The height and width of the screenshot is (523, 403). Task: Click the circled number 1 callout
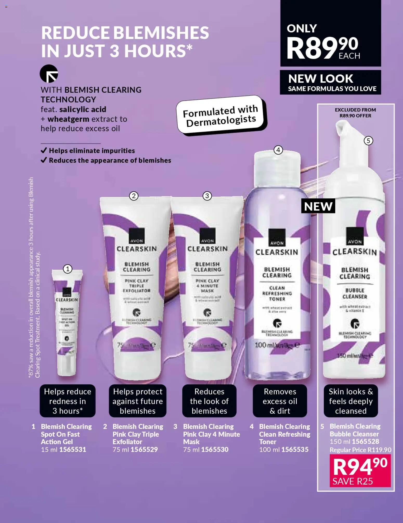click(68, 269)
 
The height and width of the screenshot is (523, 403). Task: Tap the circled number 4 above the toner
click(278, 150)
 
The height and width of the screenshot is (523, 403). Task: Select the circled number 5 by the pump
click(368, 141)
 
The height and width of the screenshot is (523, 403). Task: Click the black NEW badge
click(318, 206)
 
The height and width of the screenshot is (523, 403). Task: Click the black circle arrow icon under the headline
click(49, 74)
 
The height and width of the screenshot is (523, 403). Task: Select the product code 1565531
click(73, 450)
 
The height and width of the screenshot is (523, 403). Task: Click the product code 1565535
click(295, 450)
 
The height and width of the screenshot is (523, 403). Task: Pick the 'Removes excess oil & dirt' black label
click(280, 401)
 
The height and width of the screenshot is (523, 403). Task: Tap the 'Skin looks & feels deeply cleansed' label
click(351, 401)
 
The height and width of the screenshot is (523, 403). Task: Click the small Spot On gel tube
click(67, 322)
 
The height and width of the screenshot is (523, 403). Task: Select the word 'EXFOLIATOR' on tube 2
click(136, 290)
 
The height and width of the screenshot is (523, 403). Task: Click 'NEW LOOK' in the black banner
click(321, 79)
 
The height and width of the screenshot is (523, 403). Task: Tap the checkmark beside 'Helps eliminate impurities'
click(44, 150)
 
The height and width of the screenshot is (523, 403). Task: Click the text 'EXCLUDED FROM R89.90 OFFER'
click(355, 113)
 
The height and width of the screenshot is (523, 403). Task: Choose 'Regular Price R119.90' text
click(360, 450)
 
